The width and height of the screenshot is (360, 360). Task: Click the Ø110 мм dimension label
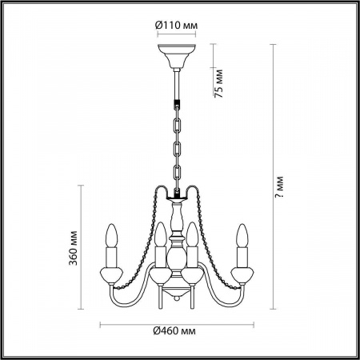click(x=174, y=25)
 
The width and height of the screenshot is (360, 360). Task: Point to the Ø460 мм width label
click(x=175, y=331)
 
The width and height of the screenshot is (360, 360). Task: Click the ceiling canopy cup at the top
click(x=175, y=57)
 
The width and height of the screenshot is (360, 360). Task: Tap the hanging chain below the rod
click(x=175, y=144)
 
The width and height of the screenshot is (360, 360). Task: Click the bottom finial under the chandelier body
click(x=176, y=301)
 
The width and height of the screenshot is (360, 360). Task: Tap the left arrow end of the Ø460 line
click(x=101, y=325)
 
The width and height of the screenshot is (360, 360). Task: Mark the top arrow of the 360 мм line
click(x=82, y=186)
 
